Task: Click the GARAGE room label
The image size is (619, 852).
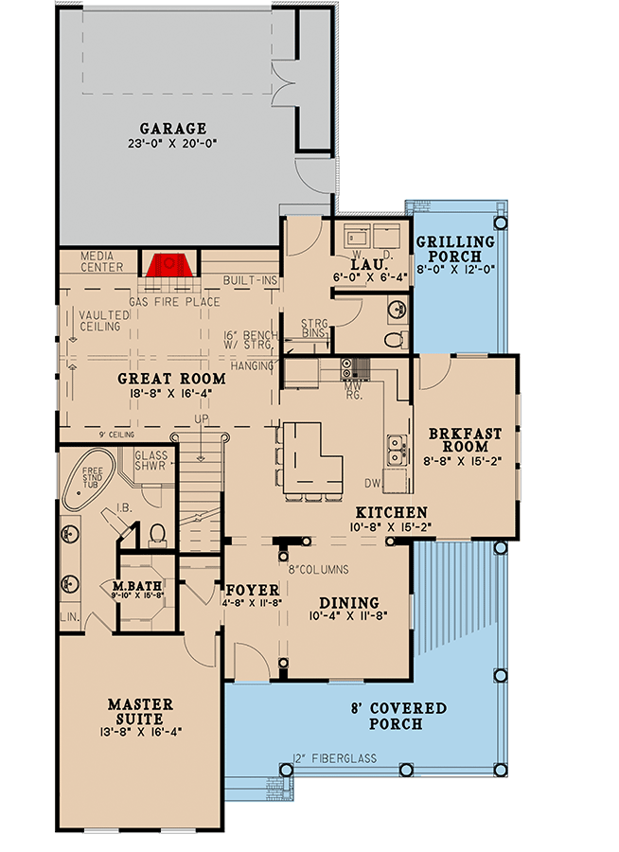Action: coord(172,128)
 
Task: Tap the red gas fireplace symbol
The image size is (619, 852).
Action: coord(168,265)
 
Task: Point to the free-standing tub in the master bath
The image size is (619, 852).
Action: coord(90,482)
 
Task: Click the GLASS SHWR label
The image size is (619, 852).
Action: coord(150,460)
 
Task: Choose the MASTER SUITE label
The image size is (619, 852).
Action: coord(140,711)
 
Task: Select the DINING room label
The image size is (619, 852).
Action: coord(348,603)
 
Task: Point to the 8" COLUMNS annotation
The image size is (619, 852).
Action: coord(319,570)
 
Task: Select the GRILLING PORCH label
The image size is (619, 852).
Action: coord(455,249)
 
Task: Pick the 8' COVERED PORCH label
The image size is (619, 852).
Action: coord(396,717)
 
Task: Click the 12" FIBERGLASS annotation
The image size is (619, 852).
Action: coord(335,758)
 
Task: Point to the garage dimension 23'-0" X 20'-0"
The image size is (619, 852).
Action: coord(172,144)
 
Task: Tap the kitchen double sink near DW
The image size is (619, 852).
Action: coord(397,447)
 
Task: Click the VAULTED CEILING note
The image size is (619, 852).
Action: coord(99,321)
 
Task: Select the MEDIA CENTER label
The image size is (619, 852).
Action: coord(102,261)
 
